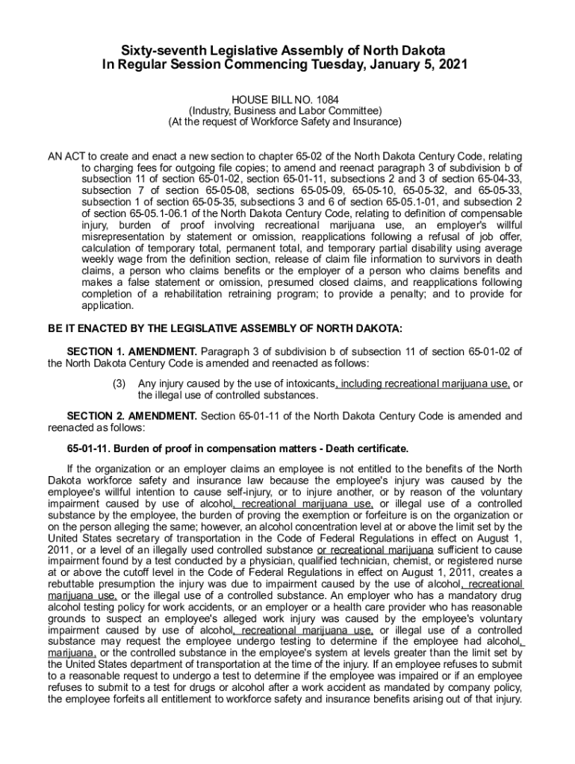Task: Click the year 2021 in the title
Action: [x=452, y=65]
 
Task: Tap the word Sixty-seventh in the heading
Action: [x=164, y=50]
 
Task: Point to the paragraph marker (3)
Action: [x=119, y=383]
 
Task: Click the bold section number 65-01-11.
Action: [x=89, y=448]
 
